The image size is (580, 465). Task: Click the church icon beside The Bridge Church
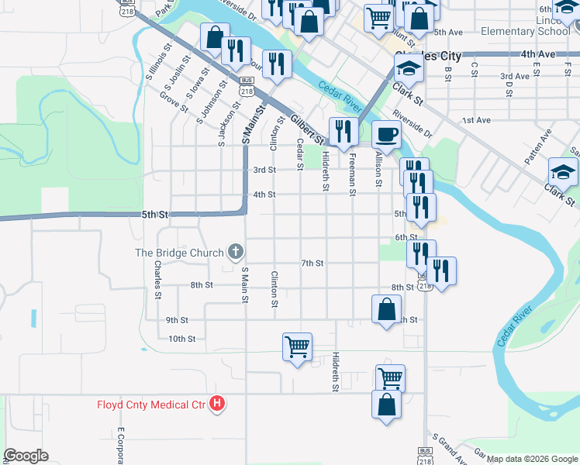[236, 252]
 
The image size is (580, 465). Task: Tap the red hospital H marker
[218, 404]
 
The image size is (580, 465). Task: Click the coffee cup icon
[386, 134]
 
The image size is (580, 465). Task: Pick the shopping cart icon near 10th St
[297, 347]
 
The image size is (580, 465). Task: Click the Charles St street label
[157, 279]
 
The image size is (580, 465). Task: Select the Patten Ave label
[537, 146]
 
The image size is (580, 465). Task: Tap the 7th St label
[312, 263]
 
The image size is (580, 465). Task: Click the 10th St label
[181, 339]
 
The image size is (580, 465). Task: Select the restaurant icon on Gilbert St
[341, 131]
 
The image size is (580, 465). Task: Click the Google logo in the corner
[26, 456]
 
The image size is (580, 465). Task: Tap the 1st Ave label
[476, 120]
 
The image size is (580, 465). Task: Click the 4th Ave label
[538, 54]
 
